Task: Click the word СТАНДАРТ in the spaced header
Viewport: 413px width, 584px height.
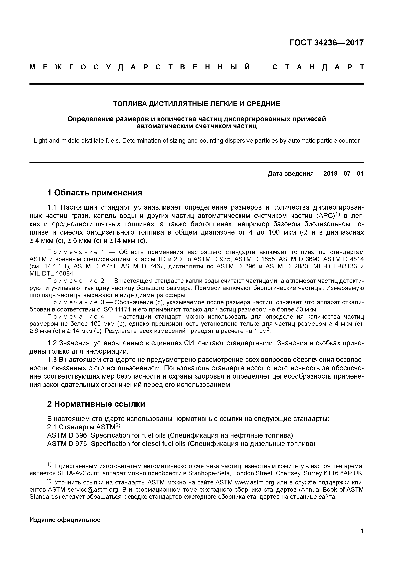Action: (x=318, y=67)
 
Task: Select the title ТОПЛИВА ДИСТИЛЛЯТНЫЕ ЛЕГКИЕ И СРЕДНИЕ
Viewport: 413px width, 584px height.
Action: (x=197, y=104)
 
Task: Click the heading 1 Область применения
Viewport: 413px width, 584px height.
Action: (x=95, y=193)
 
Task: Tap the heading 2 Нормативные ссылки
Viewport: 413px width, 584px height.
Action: (x=96, y=404)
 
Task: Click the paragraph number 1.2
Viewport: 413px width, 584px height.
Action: (x=52, y=343)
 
